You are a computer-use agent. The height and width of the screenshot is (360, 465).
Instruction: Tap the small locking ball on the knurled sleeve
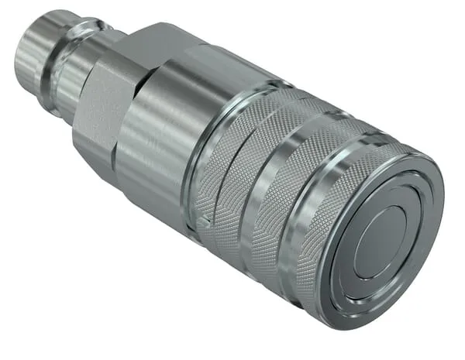coord(203,222)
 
